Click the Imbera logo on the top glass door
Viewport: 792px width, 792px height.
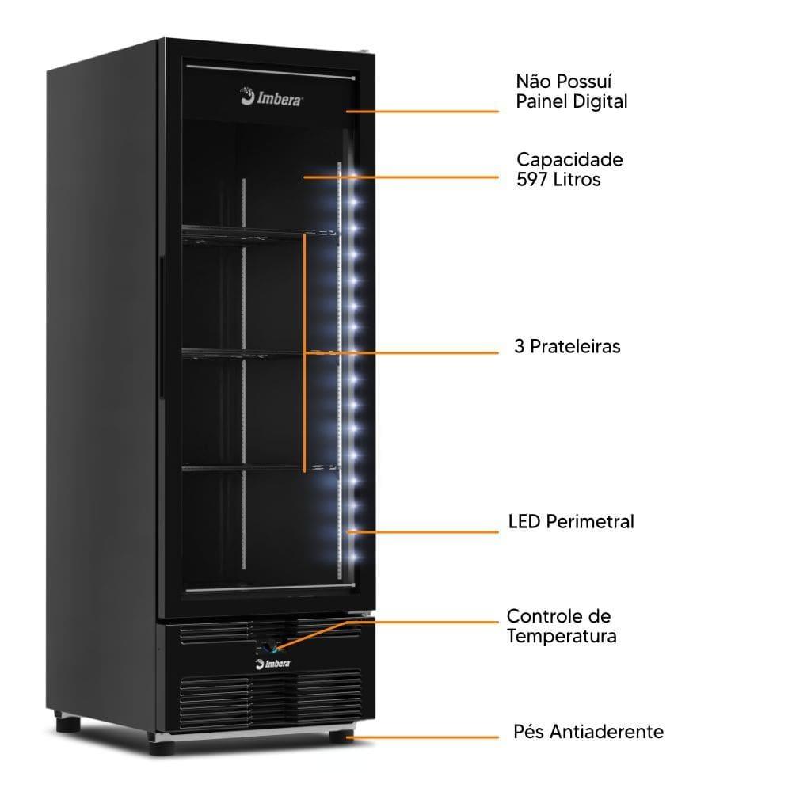point(271,97)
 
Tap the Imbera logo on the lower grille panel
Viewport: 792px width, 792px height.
point(273,663)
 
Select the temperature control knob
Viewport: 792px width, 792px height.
point(268,647)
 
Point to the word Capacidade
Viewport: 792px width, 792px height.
point(569,160)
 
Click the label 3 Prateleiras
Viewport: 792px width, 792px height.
point(567,347)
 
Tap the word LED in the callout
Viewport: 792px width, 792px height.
point(524,522)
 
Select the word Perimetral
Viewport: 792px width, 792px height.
point(590,522)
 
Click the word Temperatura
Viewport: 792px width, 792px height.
point(562,636)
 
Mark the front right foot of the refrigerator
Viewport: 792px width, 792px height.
point(342,736)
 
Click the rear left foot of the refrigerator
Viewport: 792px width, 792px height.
point(67,723)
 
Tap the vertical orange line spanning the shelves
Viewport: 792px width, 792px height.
point(305,352)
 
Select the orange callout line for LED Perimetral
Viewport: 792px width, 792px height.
point(422,532)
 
